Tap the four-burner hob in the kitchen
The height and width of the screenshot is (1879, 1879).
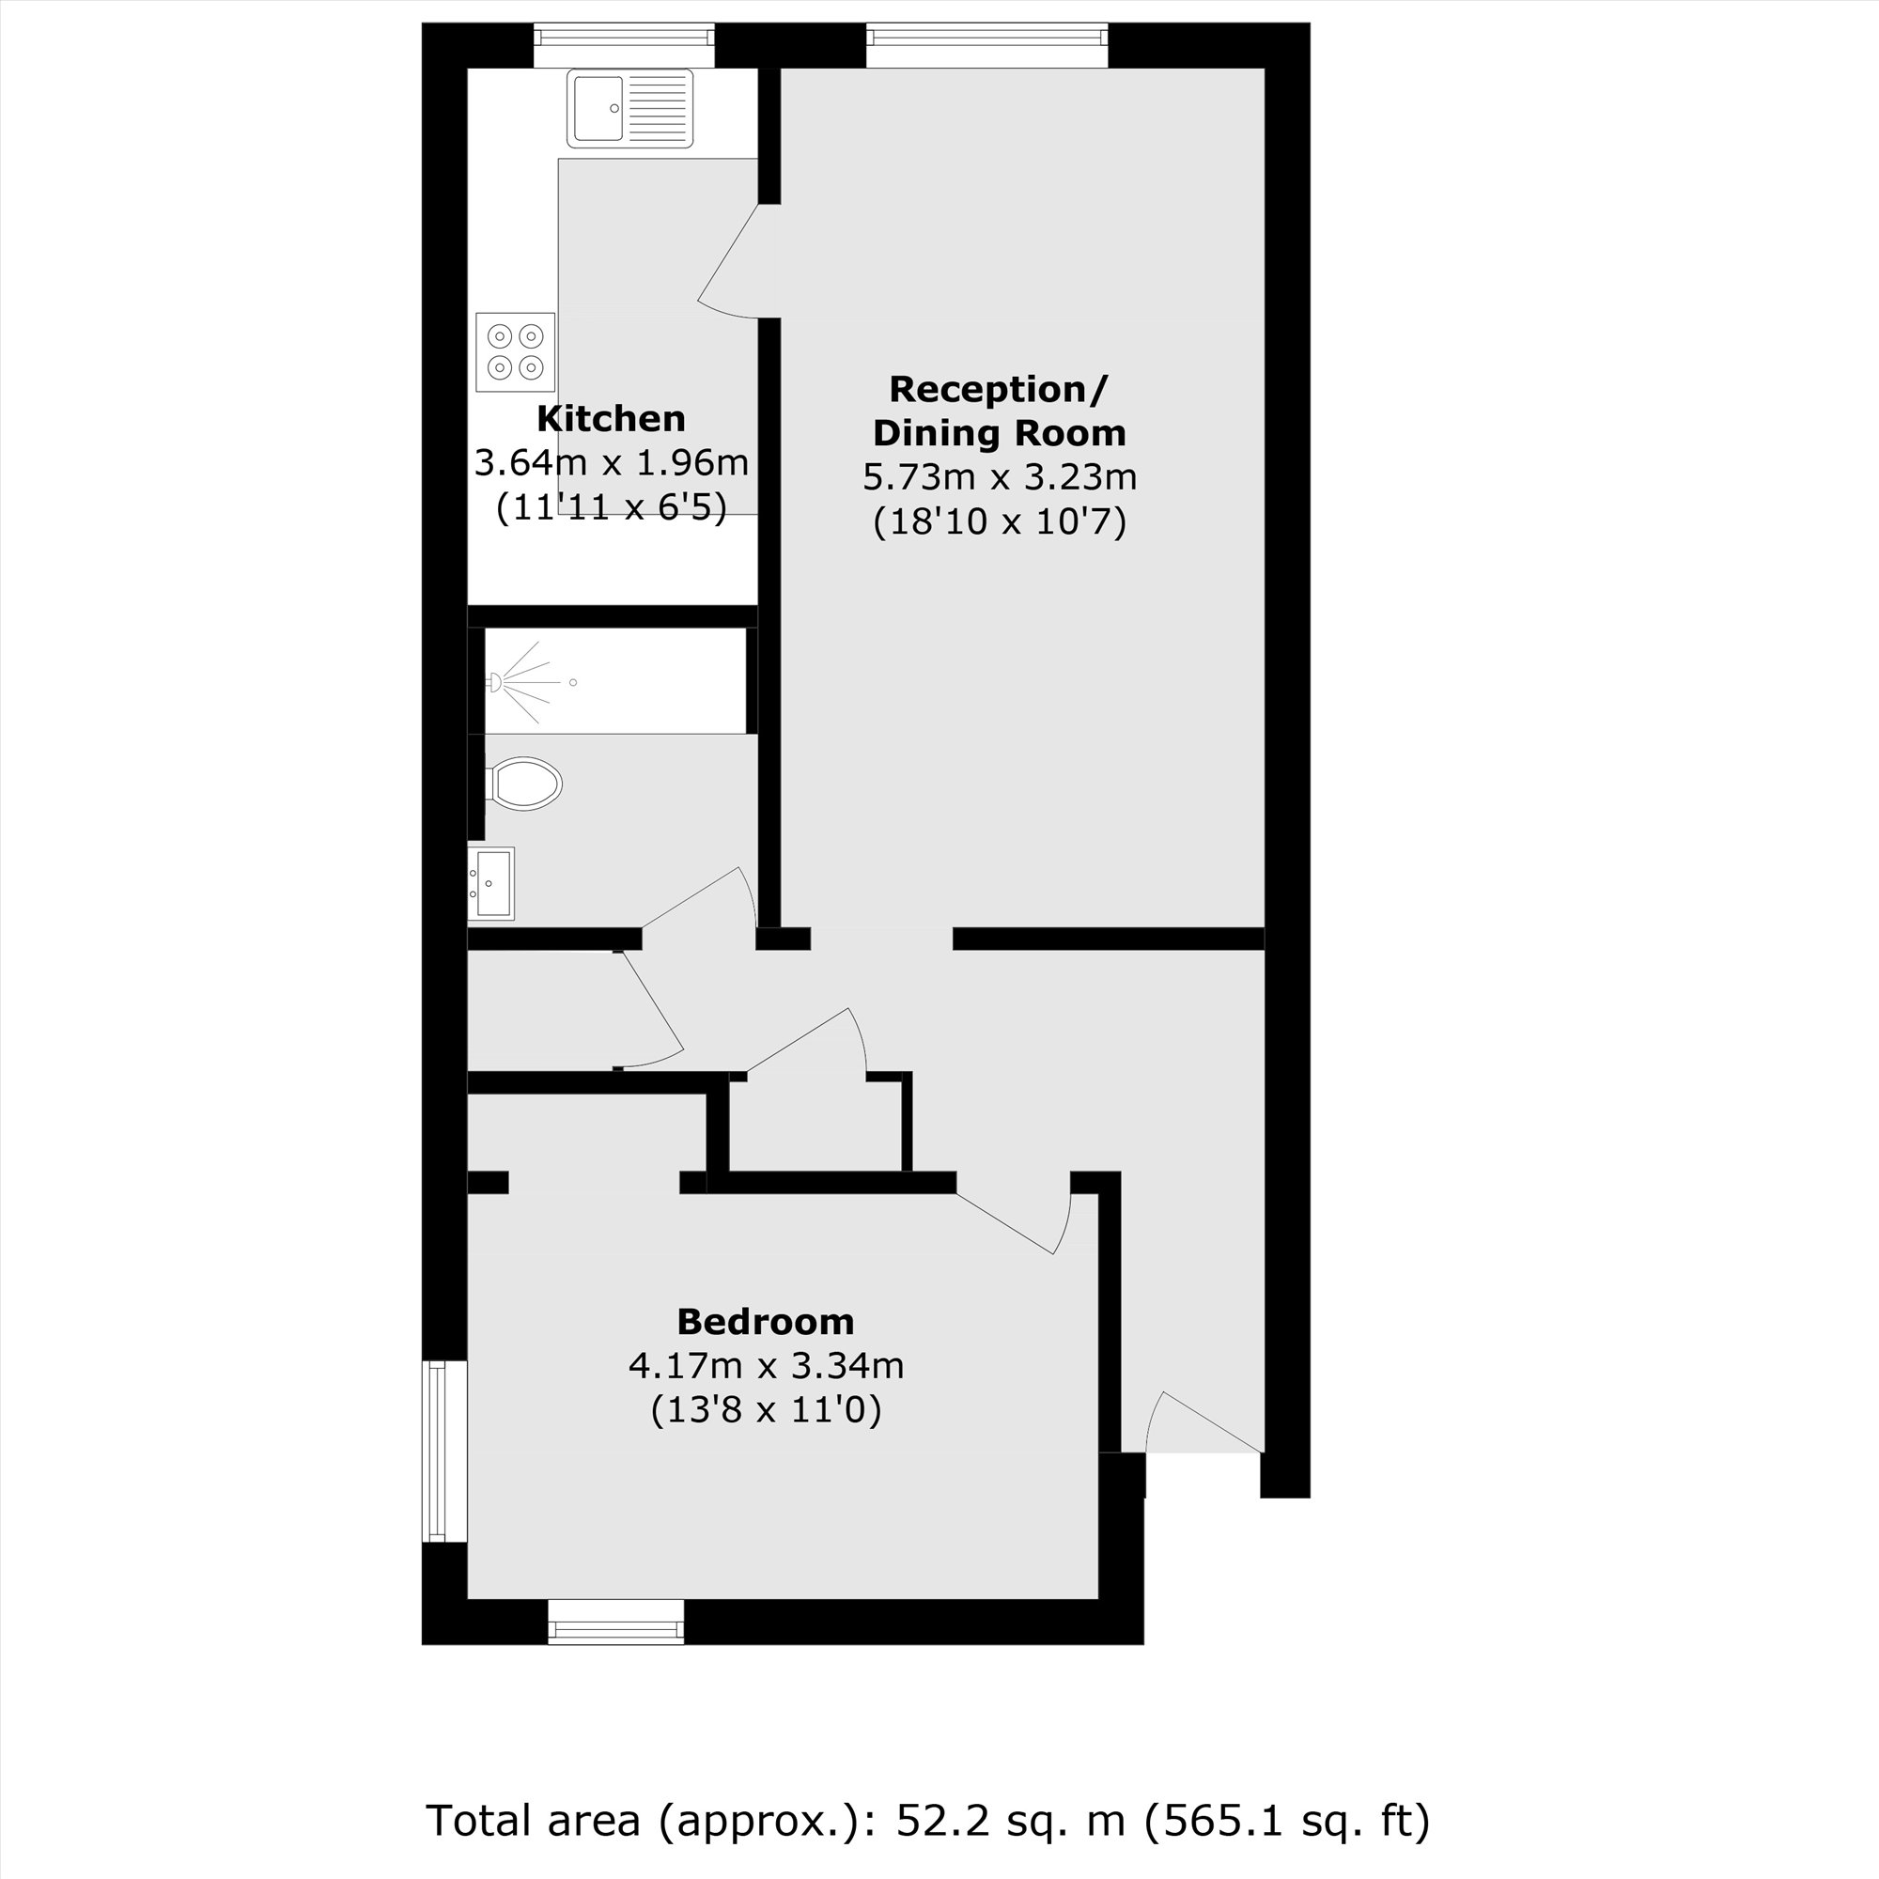click(x=516, y=351)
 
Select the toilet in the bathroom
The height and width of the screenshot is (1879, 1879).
click(x=525, y=783)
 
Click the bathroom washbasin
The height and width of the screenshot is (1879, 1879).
click(x=491, y=883)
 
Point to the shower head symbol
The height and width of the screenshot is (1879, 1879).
click(x=495, y=683)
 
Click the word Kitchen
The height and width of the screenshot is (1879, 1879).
click(x=611, y=419)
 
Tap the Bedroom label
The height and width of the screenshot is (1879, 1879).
click(x=766, y=1322)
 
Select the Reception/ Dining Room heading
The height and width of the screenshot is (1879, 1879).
click(x=999, y=411)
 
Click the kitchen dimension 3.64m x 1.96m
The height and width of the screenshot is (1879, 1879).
click(x=611, y=463)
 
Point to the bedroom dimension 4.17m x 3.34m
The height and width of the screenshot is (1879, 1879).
click(x=766, y=1365)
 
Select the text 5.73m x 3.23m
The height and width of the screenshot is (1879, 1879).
click(x=999, y=477)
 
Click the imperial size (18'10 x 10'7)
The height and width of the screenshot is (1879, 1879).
click(x=999, y=522)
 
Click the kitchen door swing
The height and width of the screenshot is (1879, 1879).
click(x=727, y=263)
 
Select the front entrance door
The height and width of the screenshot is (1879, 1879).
click(x=1204, y=1425)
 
